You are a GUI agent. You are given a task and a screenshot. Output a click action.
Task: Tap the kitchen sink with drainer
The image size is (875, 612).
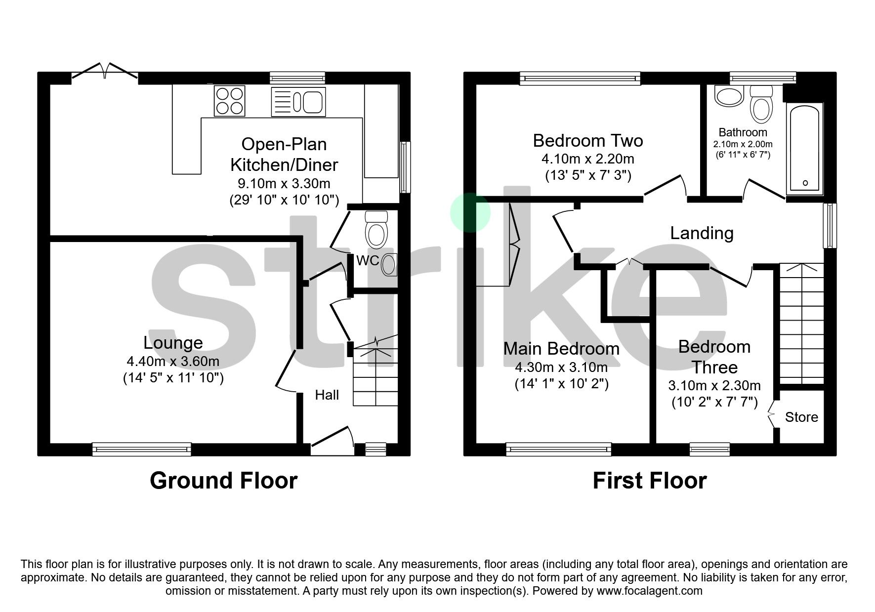pos(298,102)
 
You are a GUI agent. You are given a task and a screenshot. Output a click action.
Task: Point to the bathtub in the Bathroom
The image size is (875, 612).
pos(804,148)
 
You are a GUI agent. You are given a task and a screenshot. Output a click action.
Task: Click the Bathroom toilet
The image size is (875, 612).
pos(761,104)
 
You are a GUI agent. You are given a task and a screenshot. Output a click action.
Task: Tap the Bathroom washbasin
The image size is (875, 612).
pos(729,96)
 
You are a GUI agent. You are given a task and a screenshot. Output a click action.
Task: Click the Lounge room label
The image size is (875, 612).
pos(173,342)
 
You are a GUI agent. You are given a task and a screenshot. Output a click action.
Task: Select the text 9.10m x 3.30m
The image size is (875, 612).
pos(284,184)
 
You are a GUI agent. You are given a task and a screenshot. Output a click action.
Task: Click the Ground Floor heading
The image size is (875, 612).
pos(223,480)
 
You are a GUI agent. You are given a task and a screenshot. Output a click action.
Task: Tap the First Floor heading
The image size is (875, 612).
pos(649,480)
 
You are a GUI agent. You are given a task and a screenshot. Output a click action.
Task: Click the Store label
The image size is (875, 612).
pos(801,417)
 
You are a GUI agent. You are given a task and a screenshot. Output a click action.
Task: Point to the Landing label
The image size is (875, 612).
pos(701,233)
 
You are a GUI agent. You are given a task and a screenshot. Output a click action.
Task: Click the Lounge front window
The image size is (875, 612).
pos(141,449)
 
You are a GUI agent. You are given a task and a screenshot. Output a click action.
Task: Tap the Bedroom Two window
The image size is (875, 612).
pos(580,78)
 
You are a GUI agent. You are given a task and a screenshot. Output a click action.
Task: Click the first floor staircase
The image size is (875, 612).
pos(801,324)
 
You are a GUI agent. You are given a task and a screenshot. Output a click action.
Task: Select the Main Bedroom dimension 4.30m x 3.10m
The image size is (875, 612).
pos(561,367)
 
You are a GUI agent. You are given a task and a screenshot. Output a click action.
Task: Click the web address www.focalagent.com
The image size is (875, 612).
pos(649,591)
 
